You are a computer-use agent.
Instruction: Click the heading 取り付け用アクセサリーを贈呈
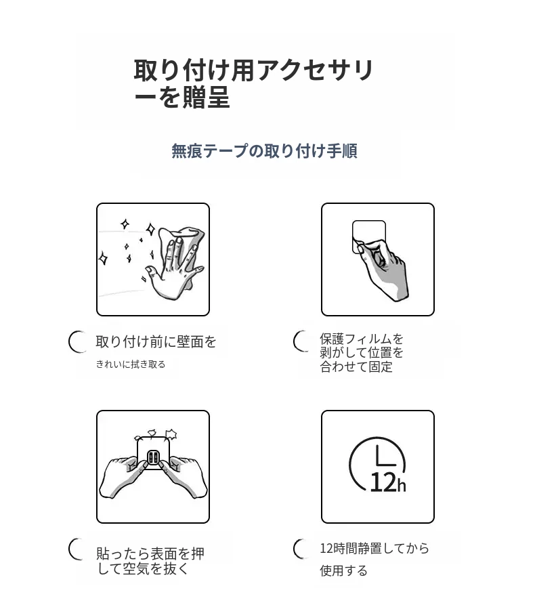click(253, 83)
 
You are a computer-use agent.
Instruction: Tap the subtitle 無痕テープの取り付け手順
click(264, 151)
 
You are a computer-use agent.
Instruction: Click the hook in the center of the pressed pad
click(153, 457)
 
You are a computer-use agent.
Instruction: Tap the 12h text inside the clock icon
click(387, 482)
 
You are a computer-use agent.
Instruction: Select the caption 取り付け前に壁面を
click(156, 342)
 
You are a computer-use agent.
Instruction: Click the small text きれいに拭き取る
click(131, 364)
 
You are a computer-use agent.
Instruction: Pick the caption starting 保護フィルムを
click(362, 353)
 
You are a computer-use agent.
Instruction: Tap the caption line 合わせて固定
click(356, 367)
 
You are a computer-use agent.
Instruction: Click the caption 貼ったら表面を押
click(150, 554)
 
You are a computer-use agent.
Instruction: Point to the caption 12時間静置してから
click(374, 548)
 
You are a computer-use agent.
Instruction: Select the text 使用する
click(343, 570)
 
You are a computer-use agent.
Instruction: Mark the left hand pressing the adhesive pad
click(121, 478)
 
